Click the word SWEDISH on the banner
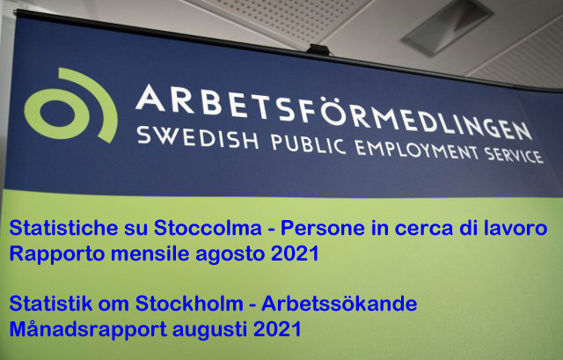(197, 137)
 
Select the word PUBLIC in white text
(309, 144)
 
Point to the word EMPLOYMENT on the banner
(417, 151)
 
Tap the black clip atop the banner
(318, 49)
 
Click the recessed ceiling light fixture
(447, 27)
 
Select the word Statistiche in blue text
(63, 228)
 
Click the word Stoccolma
(208, 228)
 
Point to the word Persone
(323, 228)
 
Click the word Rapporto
(57, 254)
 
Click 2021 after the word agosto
(295, 253)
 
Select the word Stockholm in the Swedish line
(189, 304)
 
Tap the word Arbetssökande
(340, 304)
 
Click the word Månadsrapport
(88, 329)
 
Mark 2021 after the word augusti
(277, 329)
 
